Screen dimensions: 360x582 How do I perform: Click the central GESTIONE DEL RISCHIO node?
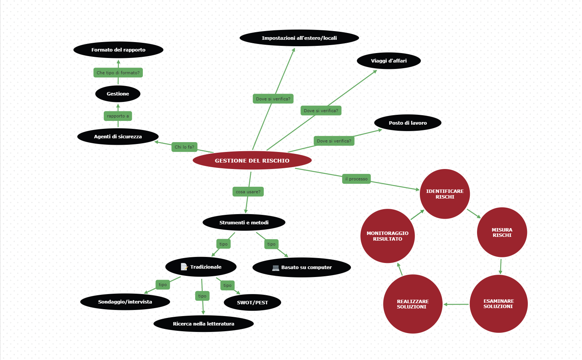click(252, 161)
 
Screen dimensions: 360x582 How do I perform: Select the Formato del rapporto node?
click(118, 50)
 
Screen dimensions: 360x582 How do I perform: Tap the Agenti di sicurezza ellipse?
click(118, 137)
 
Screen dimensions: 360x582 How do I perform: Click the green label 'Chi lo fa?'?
click(184, 147)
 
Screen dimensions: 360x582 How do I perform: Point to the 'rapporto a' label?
click(118, 116)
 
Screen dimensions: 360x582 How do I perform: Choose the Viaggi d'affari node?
click(389, 61)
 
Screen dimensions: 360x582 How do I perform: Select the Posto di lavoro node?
click(408, 123)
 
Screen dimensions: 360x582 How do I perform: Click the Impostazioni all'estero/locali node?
click(299, 38)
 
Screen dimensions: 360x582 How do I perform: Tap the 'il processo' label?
click(356, 179)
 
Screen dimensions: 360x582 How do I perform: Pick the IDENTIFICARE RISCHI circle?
click(445, 194)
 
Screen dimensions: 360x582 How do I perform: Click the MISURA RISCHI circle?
click(502, 232)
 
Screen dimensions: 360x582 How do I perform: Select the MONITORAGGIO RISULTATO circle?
click(387, 236)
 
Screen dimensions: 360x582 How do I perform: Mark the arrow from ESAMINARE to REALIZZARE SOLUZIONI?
click(456, 304)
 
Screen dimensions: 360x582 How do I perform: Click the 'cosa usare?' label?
click(248, 192)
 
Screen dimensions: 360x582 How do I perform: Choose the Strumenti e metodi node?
click(244, 223)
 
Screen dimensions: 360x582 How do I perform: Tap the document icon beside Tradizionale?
click(184, 267)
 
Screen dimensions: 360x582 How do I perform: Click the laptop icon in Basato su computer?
click(275, 268)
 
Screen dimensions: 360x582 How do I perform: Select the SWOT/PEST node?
click(252, 303)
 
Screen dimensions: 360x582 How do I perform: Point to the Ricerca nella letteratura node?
click(203, 324)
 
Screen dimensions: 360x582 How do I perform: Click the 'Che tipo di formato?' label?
click(118, 73)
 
